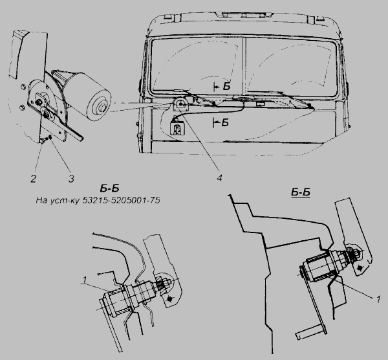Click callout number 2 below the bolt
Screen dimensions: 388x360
(34, 179)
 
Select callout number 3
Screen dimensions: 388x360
(71, 179)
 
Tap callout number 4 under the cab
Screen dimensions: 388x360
(219, 177)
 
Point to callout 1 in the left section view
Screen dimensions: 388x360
(85, 280)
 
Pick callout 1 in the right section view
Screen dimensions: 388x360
(378, 300)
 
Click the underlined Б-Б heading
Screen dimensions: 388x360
(301, 192)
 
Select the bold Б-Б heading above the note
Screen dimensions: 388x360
(110, 188)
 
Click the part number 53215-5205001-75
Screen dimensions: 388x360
(121, 200)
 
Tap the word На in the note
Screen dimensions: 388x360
(42, 200)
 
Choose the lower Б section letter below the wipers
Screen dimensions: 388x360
(225, 122)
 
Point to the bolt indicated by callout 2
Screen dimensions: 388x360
(41, 141)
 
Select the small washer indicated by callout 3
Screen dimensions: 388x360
(50, 137)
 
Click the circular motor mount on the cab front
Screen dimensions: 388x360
(181, 104)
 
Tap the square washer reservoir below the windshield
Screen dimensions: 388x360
(177, 128)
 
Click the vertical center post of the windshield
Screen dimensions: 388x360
(244, 67)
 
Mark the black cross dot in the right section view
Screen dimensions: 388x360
(360, 268)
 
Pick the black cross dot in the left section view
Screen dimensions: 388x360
(169, 299)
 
